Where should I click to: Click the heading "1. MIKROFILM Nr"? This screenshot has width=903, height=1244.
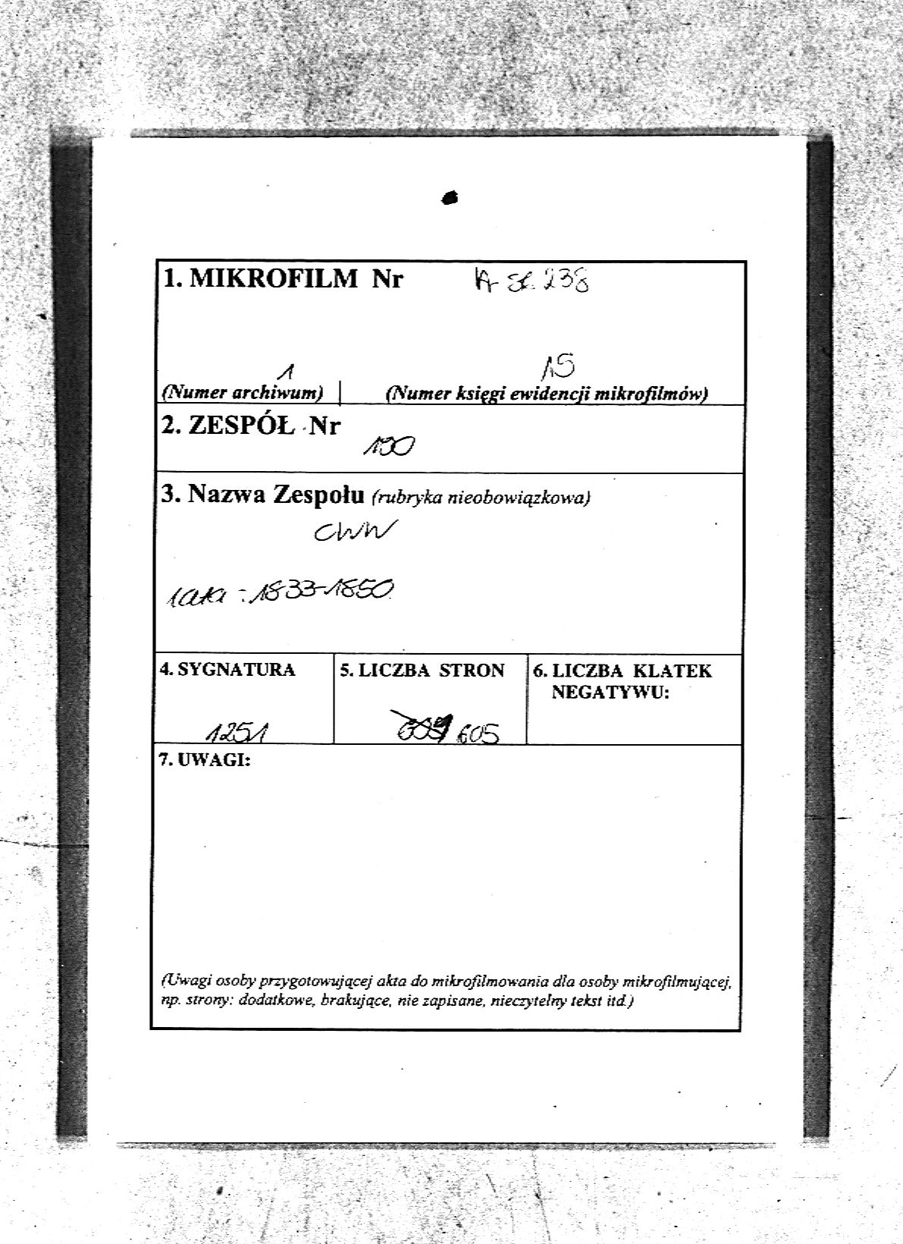click(283, 279)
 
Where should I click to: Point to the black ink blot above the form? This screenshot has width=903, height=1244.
click(450, 197)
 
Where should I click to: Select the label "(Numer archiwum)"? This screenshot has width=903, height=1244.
click(243, 393)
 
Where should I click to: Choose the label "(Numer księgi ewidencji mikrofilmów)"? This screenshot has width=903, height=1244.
click(546, 394)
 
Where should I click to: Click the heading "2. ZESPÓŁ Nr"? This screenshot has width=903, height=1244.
click(251, 426)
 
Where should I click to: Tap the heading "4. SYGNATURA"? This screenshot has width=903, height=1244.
click(227, 671)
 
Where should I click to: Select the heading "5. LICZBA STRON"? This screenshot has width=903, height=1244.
click(422, 671)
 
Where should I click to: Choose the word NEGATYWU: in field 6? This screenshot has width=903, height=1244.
click(610, 692)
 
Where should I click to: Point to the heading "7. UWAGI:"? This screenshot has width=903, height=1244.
click(205, 761)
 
